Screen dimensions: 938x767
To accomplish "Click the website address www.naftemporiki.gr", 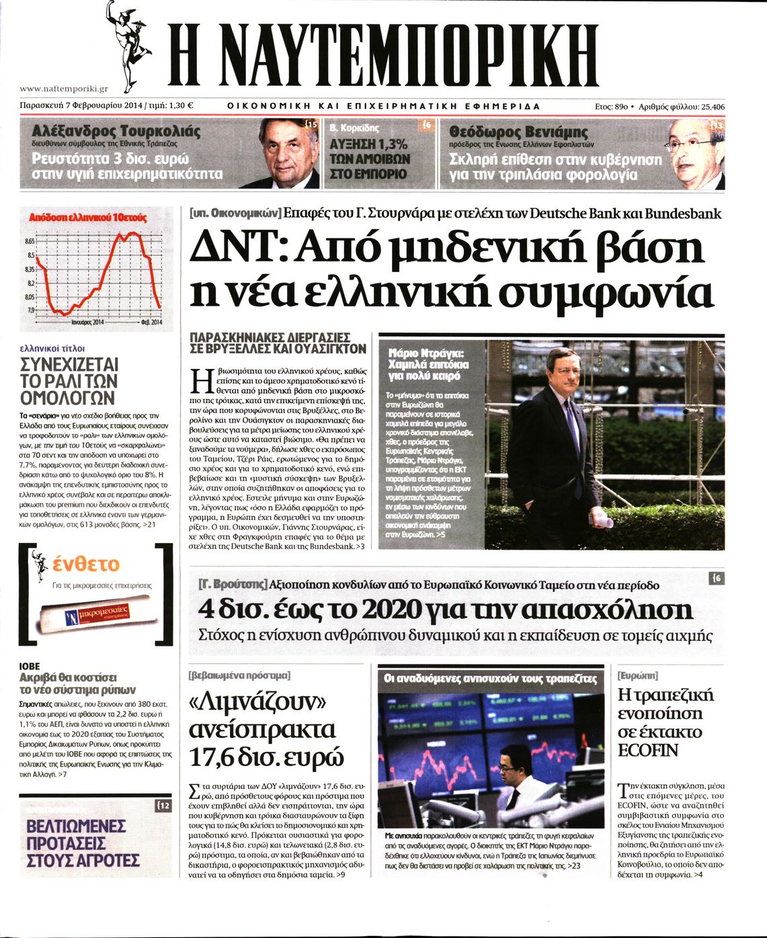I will point(64,88).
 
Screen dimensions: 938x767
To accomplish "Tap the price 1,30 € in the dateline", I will point(181,105).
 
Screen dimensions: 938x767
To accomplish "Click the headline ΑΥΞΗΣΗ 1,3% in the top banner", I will point(368,144).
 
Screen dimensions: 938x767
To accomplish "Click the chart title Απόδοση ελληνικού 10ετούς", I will point(87,217).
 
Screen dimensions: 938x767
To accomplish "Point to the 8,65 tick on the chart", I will point(29,241).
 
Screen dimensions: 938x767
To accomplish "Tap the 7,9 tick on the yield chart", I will point(31,310).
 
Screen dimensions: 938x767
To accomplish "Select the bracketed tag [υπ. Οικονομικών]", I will point(235,214).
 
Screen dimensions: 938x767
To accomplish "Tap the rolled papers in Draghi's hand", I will point(600,519).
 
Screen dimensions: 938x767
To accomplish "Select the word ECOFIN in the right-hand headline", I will point(648,750).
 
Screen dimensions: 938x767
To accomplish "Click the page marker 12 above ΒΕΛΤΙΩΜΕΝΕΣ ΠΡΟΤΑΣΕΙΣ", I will point(164,806).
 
